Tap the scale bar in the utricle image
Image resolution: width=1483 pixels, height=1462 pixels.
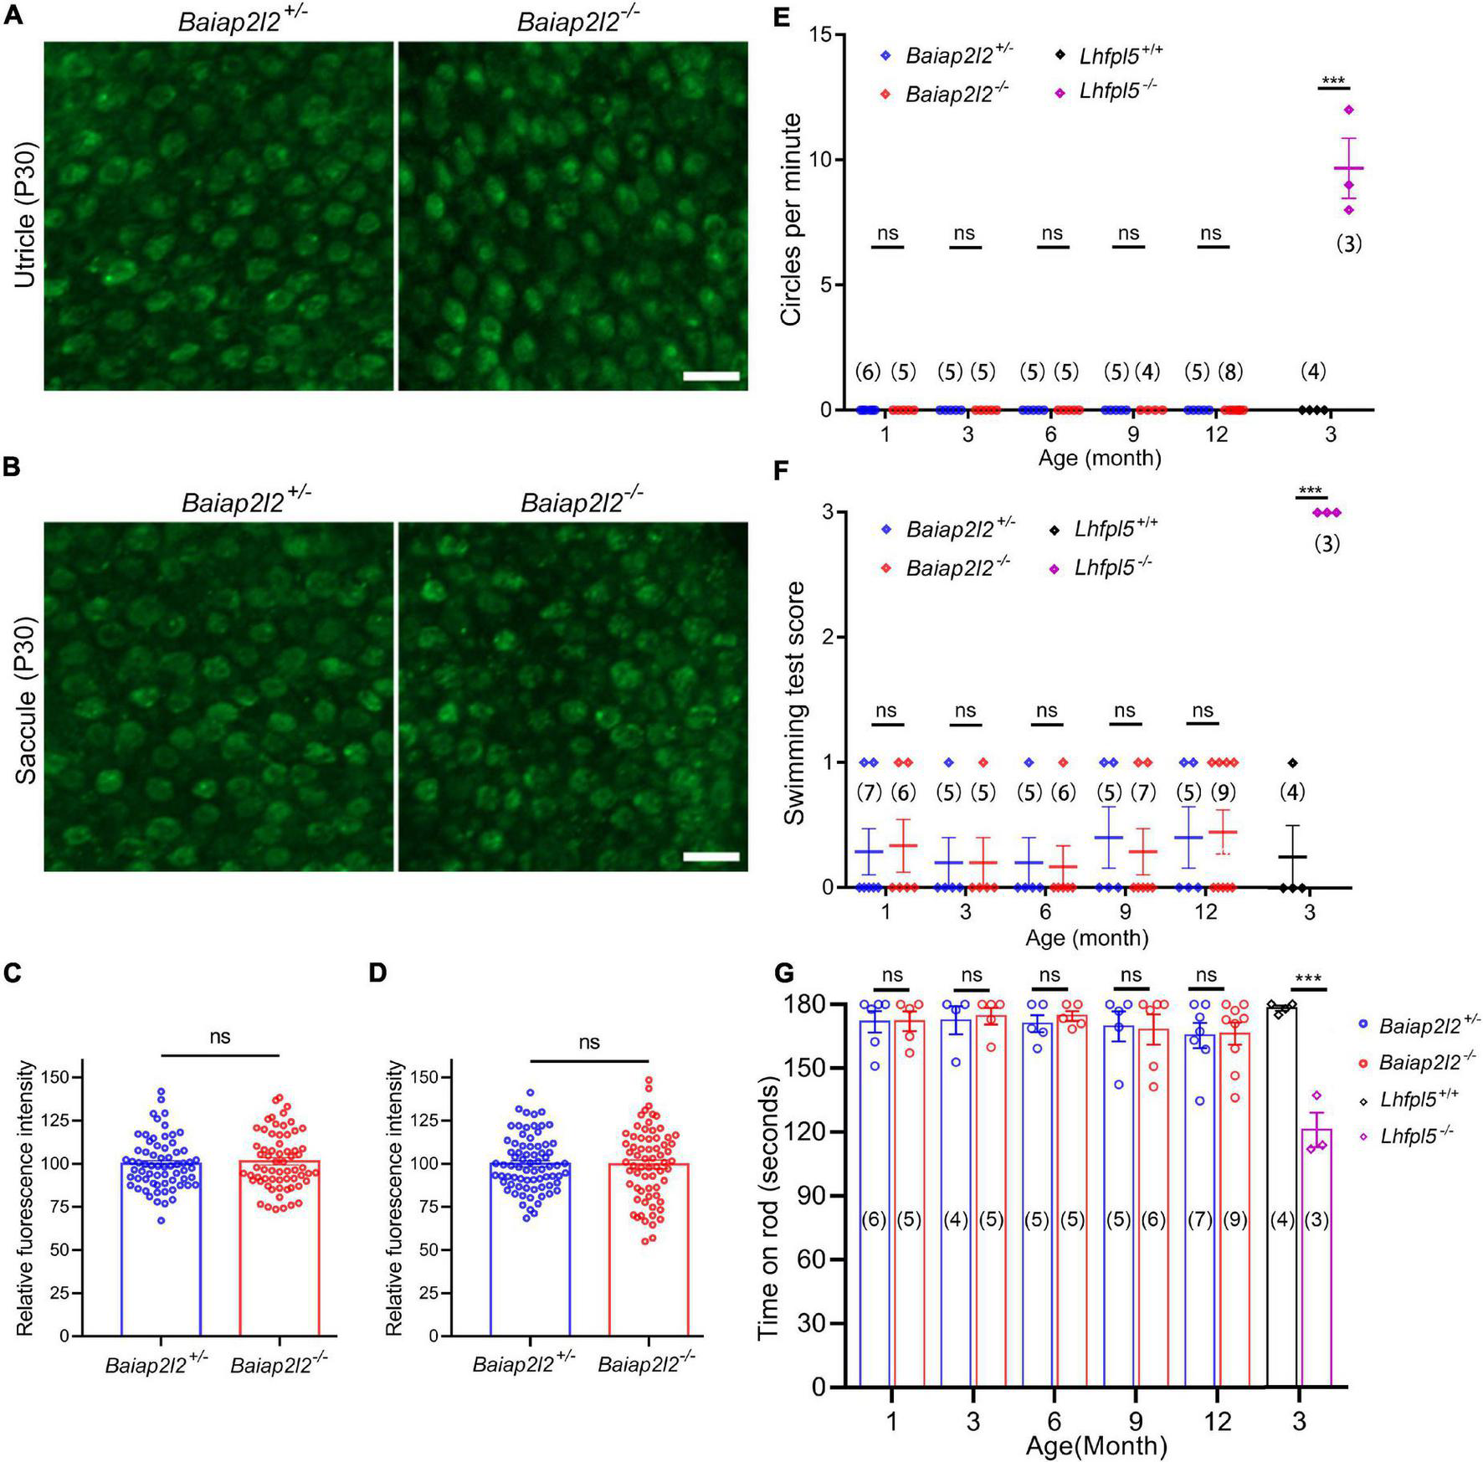pos(711,376)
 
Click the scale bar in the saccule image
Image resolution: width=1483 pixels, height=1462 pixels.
pos(711,856)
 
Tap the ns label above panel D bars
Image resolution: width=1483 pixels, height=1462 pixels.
pos(589,1042)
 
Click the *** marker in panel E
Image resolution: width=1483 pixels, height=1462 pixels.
pos(1332,81)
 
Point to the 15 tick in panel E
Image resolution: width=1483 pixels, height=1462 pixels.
pos(825,35)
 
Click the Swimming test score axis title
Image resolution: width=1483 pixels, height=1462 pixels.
pos(793,703)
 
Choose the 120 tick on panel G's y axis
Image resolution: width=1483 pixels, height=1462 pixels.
pos(815,1132)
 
